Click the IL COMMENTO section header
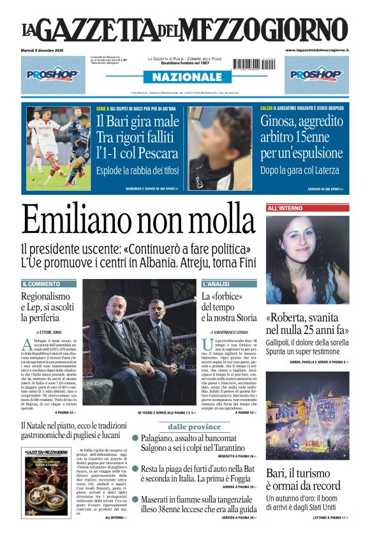coord(41,284)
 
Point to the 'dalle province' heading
coord(194,427)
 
